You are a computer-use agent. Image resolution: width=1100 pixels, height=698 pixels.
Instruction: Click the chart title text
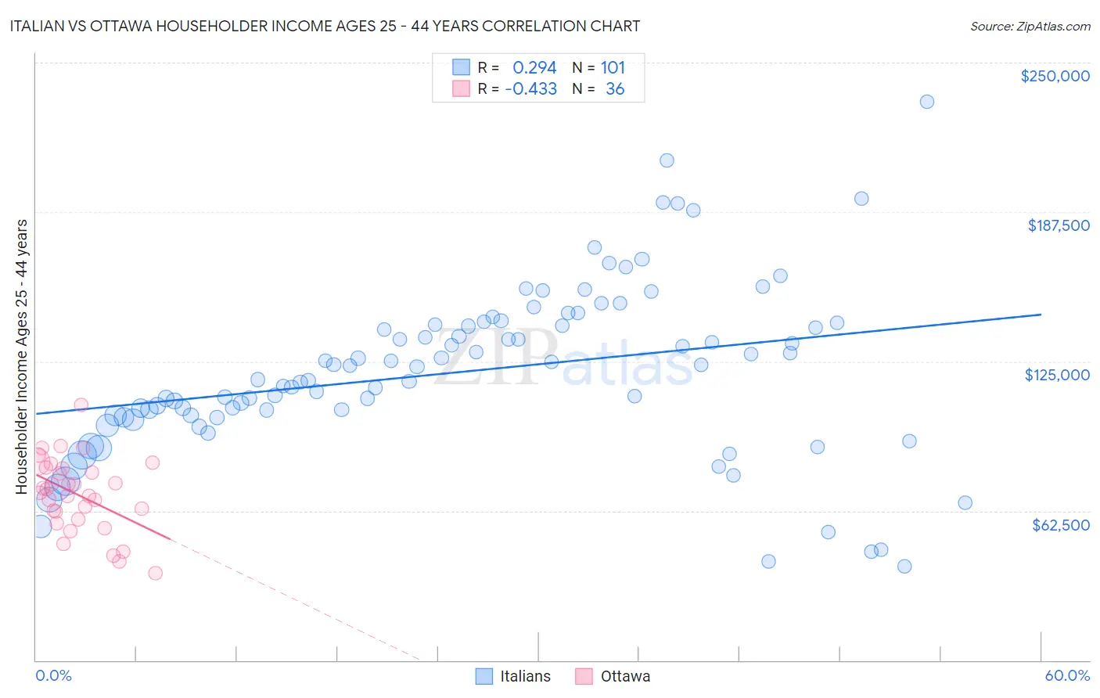(325, 26)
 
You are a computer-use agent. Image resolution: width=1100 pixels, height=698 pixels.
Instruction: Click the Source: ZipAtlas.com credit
(1030, 26)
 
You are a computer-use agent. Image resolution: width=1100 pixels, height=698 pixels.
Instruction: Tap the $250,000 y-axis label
(1055, 76)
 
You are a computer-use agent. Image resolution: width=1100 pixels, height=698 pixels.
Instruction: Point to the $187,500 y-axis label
(1058, 225)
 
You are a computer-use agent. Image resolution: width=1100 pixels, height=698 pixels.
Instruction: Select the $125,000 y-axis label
(1057, 375)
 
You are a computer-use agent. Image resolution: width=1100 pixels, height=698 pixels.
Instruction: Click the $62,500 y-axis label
(1060, 525)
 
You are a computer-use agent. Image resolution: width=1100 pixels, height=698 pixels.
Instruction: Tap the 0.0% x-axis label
(53, 675)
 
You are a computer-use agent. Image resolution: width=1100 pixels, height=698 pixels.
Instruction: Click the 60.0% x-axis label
(1066, 675)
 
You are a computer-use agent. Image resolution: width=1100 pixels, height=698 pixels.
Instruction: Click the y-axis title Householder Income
(22, 357)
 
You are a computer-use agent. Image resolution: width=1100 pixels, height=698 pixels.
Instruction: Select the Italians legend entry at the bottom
(513, 676)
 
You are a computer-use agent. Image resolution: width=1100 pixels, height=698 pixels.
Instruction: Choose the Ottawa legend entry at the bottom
(613, 676)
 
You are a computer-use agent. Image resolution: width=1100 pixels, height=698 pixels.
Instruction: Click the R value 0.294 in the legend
(534, 68)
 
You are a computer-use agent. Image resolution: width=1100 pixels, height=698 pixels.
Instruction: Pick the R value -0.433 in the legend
(531, 89)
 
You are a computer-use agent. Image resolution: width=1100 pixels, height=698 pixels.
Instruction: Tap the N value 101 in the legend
(613, 68)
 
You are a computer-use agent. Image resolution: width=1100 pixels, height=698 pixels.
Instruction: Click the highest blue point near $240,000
(926, 102)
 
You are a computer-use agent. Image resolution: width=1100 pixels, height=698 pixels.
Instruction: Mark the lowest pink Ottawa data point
(155, 573)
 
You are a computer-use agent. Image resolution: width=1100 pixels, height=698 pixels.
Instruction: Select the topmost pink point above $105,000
(81, 405)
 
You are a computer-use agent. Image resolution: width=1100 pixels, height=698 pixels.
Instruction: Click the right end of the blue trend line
(1041, 314)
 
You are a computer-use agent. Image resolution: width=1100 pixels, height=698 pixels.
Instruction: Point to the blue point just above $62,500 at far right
(965, 502)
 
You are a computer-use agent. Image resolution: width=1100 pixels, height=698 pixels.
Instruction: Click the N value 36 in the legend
(615, 89)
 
